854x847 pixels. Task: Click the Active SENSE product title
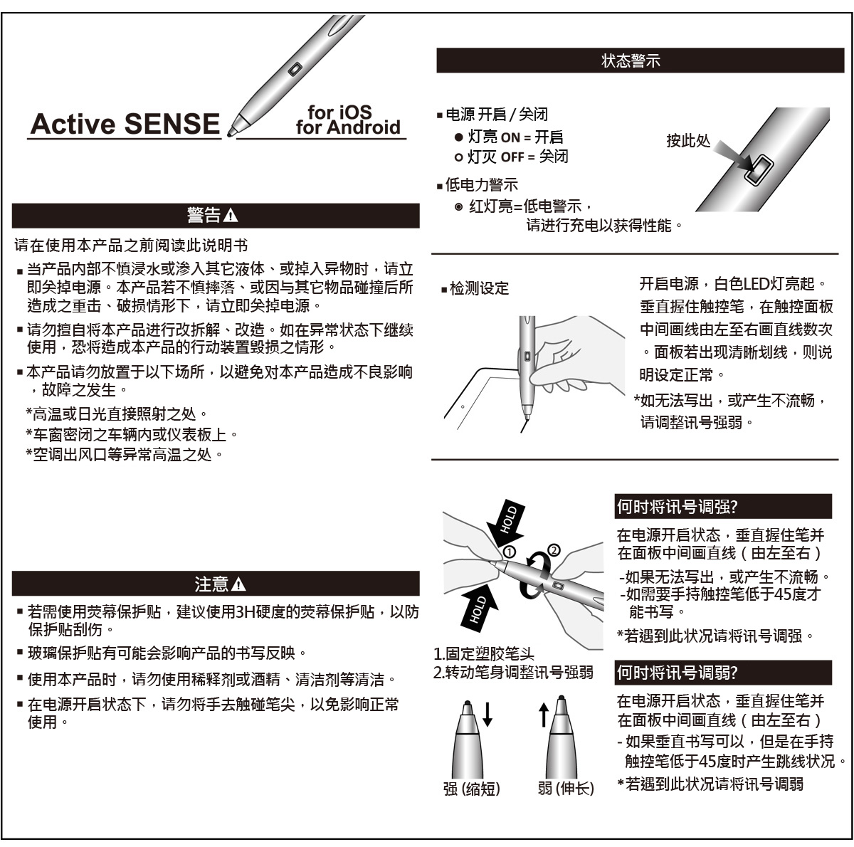125,124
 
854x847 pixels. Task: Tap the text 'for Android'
348,128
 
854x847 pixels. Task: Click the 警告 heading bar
215,216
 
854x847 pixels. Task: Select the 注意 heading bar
215,584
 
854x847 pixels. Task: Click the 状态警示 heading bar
640,61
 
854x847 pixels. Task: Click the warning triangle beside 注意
239,584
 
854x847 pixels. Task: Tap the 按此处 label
687,141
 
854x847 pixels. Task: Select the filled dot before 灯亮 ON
459,137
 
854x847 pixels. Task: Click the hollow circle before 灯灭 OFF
459,157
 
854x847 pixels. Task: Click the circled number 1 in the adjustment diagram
509,552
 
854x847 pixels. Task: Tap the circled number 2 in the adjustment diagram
554,549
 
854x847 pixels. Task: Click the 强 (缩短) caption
472,789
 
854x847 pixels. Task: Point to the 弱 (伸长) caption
566,789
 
